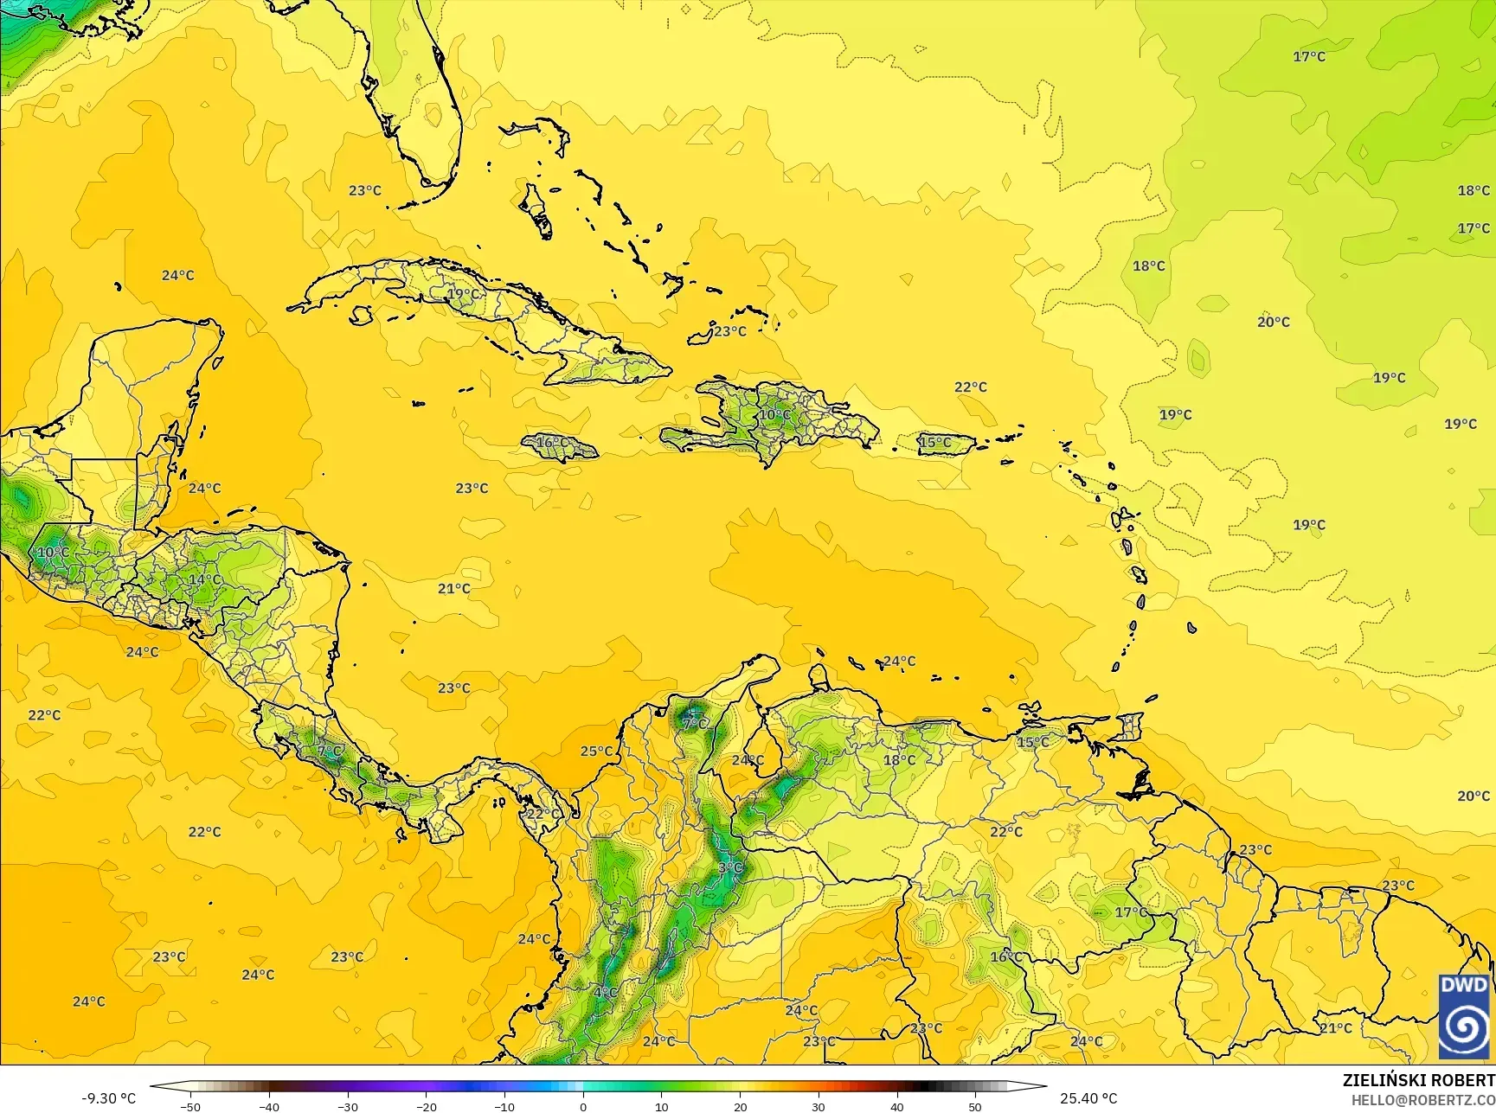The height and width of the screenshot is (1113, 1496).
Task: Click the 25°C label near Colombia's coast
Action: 596,752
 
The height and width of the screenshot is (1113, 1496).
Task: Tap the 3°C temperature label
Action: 730,867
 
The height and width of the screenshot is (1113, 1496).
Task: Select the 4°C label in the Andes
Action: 605,992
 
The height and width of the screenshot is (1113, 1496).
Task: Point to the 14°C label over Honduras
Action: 205,579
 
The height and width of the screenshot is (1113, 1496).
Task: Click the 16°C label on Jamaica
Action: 552,443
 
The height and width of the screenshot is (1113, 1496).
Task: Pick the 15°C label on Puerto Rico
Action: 934,443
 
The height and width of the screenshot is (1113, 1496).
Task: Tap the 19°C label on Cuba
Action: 463,294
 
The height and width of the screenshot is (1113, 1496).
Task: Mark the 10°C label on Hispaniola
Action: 774,414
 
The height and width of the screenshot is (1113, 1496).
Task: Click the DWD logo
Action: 1464,1015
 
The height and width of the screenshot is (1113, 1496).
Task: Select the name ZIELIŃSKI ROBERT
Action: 1418,1081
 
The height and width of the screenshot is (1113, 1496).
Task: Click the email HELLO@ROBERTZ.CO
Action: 1423,1099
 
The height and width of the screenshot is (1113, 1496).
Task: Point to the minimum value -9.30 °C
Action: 109,1098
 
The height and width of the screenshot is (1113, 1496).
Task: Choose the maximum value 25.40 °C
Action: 1088,1098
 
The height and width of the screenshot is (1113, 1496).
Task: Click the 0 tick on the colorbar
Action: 583,1106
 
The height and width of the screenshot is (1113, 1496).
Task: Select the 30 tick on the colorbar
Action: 819,1106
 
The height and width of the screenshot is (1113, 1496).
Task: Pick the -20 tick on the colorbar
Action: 426,1106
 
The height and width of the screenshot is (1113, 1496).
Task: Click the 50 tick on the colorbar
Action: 975,1106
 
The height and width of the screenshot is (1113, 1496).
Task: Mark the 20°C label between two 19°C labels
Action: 1274,322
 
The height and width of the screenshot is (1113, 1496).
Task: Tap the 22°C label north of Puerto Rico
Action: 970,387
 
